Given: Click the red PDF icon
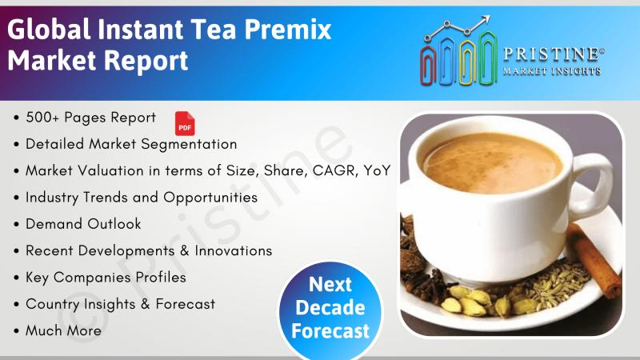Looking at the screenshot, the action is tap(185, 123).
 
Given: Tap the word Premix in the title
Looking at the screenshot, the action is tap(288, 30).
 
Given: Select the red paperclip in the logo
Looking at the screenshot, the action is tap(428, 66).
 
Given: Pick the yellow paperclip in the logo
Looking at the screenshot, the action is tap(467, 62).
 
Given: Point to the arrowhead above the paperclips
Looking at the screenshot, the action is tap(485, 20).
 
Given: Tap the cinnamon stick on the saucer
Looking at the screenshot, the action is tap(594, 258).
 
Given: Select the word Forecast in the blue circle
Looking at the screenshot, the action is tap(330, 330).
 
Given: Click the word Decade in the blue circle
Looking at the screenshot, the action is tap(330, 307).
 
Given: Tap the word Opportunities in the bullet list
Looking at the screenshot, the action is tap(210, 198).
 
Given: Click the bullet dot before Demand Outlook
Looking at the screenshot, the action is tap(16, 225).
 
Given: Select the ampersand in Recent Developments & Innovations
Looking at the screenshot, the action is tap(185, 250).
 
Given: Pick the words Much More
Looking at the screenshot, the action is tap(63, 330).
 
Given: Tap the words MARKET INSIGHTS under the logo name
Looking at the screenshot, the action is tap(552, 71).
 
